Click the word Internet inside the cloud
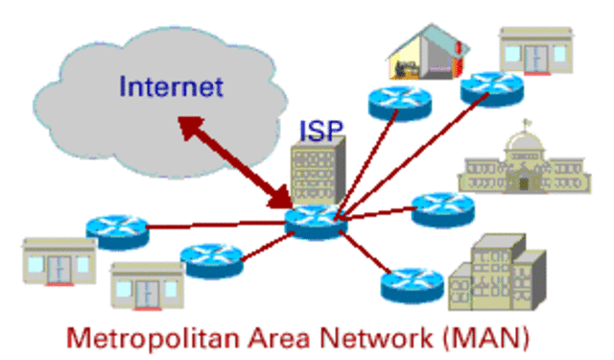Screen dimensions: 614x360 pyautogui.click(x=171, y=86)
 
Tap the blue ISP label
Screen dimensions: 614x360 pyautogui.click(x=321, y=131)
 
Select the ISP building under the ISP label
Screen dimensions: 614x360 pyautogui.click(x=318, y=171)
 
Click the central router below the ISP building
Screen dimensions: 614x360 pyautogui.click(x=316, y=222)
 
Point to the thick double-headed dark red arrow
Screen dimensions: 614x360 pyautogui.click(x=235, y=161)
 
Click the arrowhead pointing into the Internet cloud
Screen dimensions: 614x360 pyautogui.click(x=189, y=126)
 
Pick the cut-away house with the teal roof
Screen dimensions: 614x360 pyautogui.click(x=428, y=52)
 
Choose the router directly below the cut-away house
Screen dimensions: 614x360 pyautogui.click(x=400, y=104)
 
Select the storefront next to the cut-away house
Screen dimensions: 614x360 pyautogui.click(x=536, y=51)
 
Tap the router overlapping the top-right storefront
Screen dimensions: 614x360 pyautogui.click(x=492, y=89)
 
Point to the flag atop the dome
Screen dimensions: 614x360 pyautogui.click(x=527, y=124)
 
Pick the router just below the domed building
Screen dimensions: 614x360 pyautogui.click(x=443, y=209)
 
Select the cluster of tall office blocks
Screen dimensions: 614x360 pyautogui.click(x=497, y=273)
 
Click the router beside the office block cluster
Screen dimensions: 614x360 pyautogui.click(x=413, y=286)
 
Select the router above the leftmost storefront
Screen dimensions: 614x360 pyautogui.click(x=117, y=232)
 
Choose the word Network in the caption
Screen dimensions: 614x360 pyautogui.click(x=376, y=338)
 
